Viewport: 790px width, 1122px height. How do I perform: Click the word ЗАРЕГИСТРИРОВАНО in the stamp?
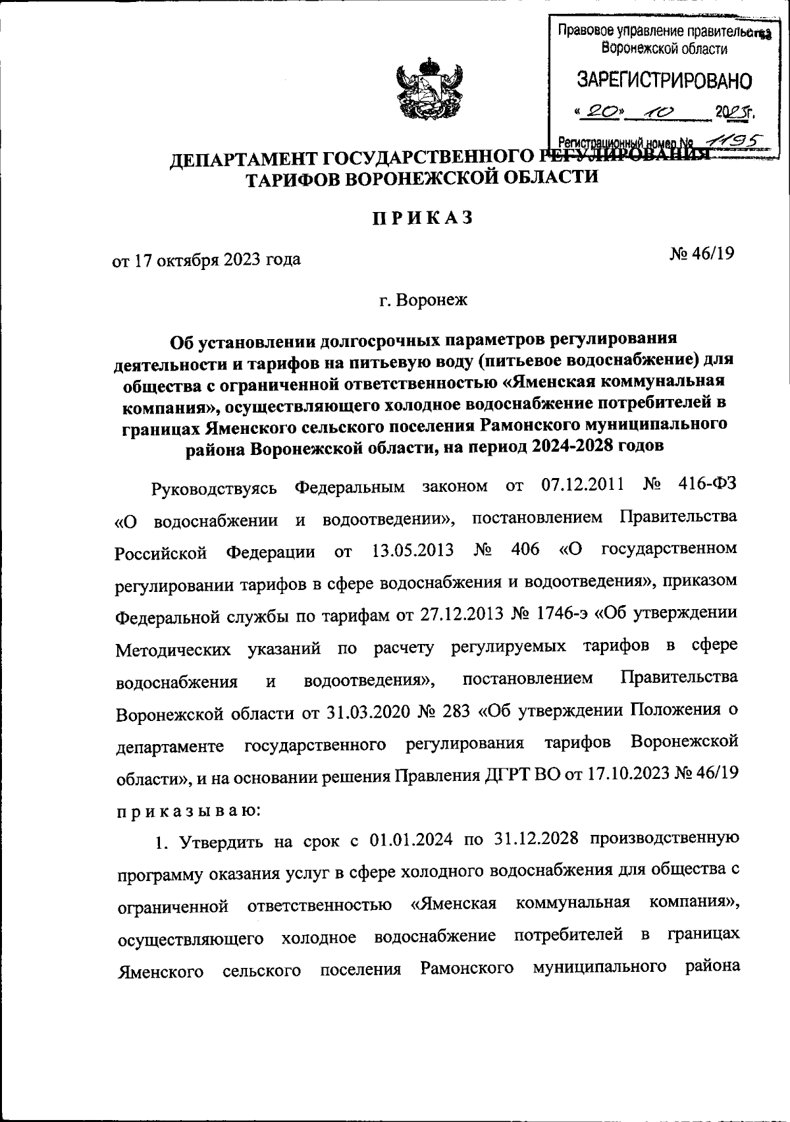tap(664, 82)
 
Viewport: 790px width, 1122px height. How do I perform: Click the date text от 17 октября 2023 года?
tap(207, 260)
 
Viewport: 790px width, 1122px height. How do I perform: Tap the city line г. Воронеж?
tap(422, 302)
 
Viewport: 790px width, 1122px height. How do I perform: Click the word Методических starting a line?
tap(173, 650)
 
